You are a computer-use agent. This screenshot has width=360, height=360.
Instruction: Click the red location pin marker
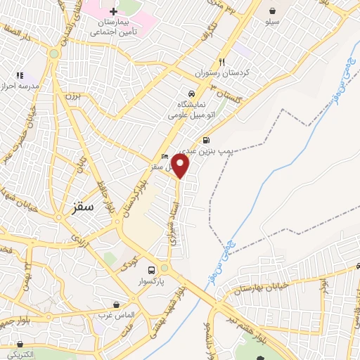tap(181, 166)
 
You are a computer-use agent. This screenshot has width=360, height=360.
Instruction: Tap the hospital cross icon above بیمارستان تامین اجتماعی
tap(113, 12)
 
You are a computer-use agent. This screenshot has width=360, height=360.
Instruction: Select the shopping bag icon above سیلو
tap(272, 11)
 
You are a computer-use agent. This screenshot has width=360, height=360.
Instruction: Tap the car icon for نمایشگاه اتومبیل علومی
tap(191, 94)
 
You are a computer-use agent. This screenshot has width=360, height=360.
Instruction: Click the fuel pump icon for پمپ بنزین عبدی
tap(205, 139)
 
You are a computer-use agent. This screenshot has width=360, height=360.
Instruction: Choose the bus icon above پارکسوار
tap(151, 270)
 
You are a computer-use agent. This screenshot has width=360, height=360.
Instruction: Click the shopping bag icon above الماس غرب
tap(117, 304)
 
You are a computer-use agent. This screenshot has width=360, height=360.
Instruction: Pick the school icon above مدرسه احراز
tap(20, 75)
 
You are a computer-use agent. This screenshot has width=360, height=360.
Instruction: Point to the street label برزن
tap(73, 94)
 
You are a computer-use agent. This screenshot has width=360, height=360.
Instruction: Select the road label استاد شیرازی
tap(176, 218)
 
